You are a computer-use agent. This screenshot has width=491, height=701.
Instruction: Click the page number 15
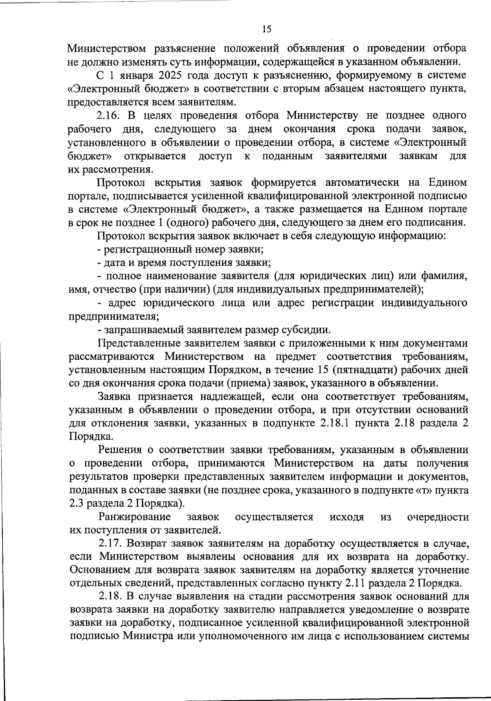266,29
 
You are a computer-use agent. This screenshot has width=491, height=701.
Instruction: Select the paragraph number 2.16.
110,116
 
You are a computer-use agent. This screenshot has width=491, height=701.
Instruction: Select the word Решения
120,450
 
